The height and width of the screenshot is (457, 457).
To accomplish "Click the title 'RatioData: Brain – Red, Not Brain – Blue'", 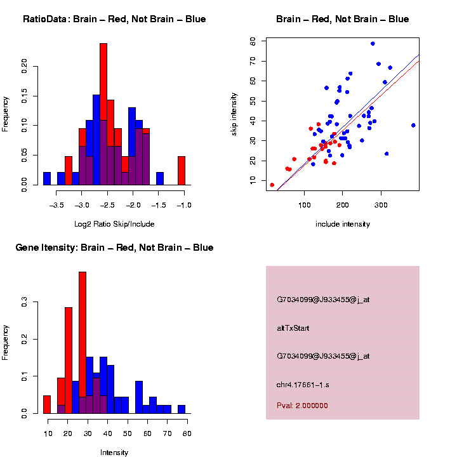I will pyautogui.click(x=114, y=20).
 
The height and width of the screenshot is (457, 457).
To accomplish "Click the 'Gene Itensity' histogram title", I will pyautogui.click(x=114, y=248).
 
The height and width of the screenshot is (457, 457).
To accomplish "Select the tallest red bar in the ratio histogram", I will pyautogui.click(x=103, y=114).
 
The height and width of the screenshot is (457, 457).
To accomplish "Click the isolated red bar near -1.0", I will pyautogui.click(x=182, y=171).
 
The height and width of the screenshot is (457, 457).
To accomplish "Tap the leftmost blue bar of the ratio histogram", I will pyautogui.click(x=47, y=178).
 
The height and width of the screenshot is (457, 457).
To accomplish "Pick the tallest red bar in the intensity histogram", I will pyautogui.click(x=83, y=343).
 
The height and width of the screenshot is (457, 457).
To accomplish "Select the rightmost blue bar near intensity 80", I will pyautogui.click(x=182, y=409).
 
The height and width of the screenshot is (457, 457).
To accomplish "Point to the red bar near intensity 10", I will pyautogui.click(x=47, y=404).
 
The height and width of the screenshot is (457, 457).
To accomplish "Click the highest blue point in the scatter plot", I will pyautogui.click(x=373, y=44).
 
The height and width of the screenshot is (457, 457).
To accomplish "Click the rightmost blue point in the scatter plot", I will pyautogui.click(x=413, y=125).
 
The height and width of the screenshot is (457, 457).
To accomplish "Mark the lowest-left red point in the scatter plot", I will pyautogui.click(x=272, y=185).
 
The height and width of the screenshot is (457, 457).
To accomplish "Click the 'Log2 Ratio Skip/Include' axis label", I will pyautogui.click(x=114, y=223).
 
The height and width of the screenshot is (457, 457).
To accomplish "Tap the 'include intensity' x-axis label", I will pyautogui.click(x=343, y=223).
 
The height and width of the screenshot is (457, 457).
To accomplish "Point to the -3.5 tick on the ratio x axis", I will pyautogui.click(x=57, y=206).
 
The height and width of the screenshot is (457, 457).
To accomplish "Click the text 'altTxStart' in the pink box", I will pyautogui.click(x=293, y=328).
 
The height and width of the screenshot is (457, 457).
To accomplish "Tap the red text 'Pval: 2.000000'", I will pyautogui.click(x=302, y=405).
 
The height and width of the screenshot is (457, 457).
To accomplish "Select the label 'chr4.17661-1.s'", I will pyautogui.click(x=303, y=385).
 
